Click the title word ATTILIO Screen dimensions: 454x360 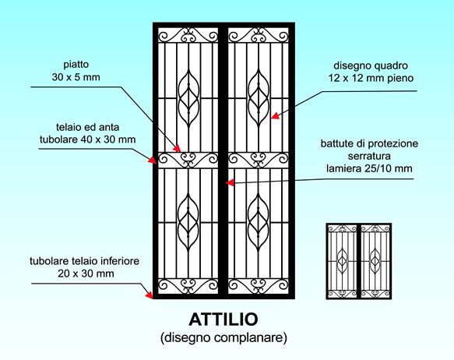[x=223, y=319]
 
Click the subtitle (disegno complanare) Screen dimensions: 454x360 [x=223, y=337]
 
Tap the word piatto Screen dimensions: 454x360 [x=76, y=65]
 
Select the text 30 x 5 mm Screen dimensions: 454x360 [x=76, y=77]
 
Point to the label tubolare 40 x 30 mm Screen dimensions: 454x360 [x=87, y=139]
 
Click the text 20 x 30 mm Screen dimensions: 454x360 [x=86, y=274]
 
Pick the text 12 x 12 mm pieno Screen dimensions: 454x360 [x=371, y=78]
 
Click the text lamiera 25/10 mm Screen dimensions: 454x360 [x=369, y=168]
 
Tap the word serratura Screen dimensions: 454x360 [x=369, y=156]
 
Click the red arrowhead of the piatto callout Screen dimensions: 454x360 [x=177, y=148]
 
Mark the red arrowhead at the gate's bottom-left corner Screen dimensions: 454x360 [x=149, y=295]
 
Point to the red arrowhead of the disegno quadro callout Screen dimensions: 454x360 [x=275, y=116]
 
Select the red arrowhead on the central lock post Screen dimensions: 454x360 [x=230, y=183]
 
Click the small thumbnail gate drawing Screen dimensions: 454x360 [x=359, y=261]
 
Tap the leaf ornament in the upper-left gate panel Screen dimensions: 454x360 [x=188, y=98]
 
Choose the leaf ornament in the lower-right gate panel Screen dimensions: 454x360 [x=259, y=221]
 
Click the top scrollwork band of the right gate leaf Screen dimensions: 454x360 [x=259, y=35]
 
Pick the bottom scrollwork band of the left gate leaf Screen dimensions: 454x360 [x=188, y=286]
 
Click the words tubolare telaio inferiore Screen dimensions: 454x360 [x=85, y=261]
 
